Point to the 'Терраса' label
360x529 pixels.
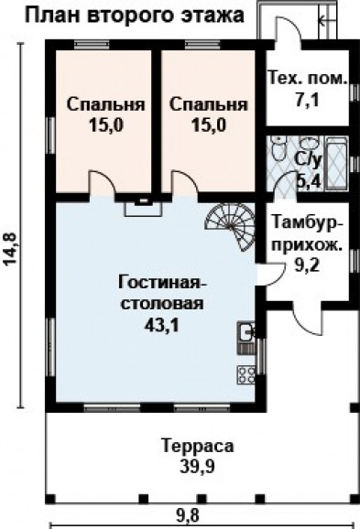coord(196,448)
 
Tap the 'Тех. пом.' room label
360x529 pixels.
coord(307,78)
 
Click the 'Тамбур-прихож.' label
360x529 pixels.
coord(308,233)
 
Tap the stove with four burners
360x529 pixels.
coord(246,374)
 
